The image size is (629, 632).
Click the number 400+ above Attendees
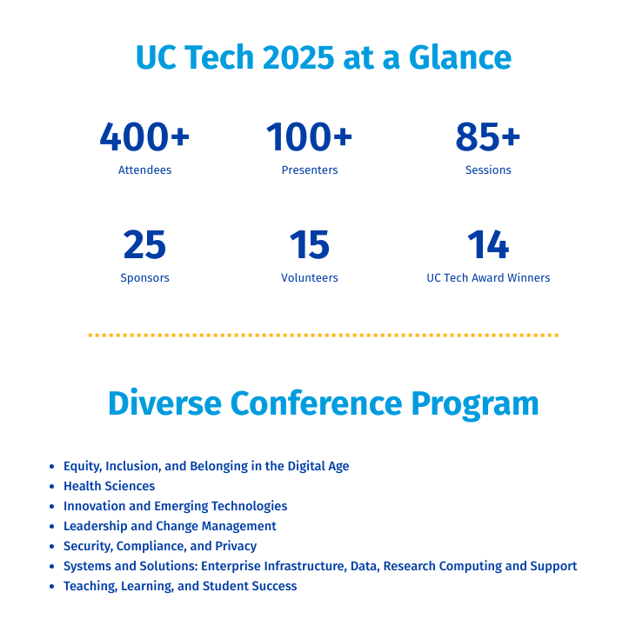[x=144, y=136]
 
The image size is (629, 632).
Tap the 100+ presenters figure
[x=309, y=136]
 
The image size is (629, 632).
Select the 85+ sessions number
[x=488, y=136]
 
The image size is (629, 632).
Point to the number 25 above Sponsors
[x=144, y=244]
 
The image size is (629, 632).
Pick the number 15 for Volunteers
[x=310, y=244]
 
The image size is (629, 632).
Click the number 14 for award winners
[x=488, y=244]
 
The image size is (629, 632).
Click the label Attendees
[x=144, y=170]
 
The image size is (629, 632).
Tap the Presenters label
[x=310, y=170]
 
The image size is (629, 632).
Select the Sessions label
[x=488, y=170]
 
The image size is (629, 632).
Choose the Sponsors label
[x=144, y=278]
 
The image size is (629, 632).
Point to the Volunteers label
[x=310, y=277]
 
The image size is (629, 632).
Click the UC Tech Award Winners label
[x=488, y=277]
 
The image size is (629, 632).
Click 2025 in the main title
[x=298, y=57]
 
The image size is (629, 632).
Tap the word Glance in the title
[x=460, y=57]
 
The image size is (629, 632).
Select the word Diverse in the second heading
[x=164, y=402]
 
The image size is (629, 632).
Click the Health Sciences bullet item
[x=110, y=486]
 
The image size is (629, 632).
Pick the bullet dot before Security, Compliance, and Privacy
[x=51, y=547]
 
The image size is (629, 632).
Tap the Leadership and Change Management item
[x=170, y=527]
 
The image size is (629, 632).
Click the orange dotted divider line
[x=323, y=335]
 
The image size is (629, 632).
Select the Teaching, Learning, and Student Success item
[x=180, y=587]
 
